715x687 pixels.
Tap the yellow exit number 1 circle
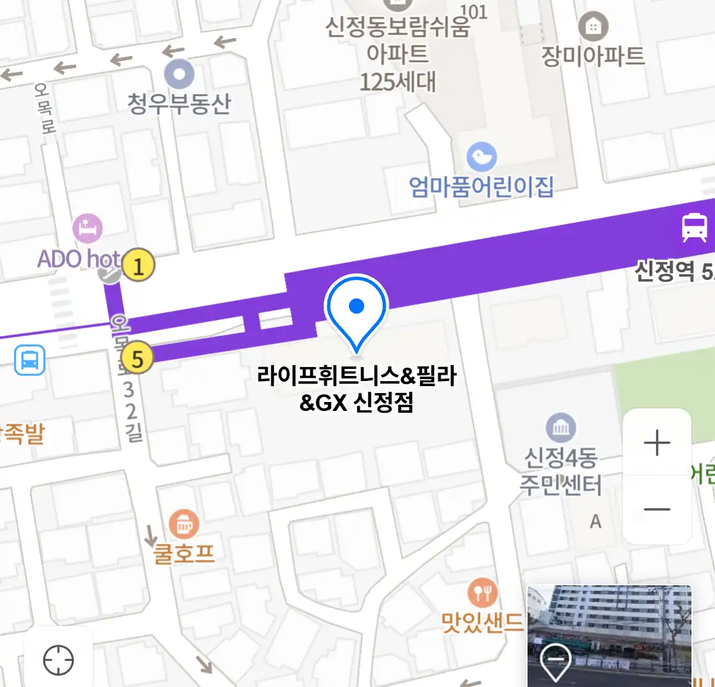click(x=139, y=265)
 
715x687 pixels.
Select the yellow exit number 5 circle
click(x=137, y=359)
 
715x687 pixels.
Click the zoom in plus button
click(x=657, y=443)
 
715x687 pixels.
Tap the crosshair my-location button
click(x=58, y=660)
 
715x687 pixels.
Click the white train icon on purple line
click(x=694, y=228)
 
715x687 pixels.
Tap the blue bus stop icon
click(x=30, y=361)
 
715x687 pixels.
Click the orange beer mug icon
click(x=184, y=525)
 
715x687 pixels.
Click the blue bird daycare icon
click(x=482, y=156)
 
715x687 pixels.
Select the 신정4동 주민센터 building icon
click(x=561, y=428)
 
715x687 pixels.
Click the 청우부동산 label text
click(x=179, y=104)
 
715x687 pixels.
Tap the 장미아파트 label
click(x=592, y=56)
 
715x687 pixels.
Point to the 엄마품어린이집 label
click(x=481, y=187)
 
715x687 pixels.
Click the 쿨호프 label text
click(x=184, y=553)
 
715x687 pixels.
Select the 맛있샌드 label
click(x=483, y=621)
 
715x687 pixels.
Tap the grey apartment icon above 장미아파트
click(x=593, y=27)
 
